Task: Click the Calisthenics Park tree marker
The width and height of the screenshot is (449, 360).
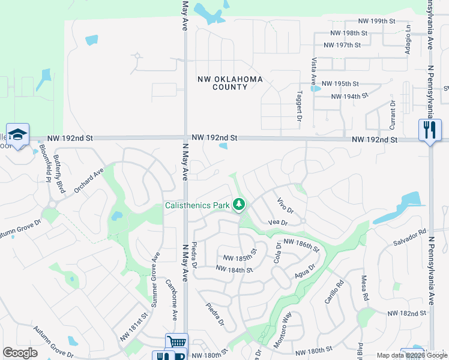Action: click(x=240, y=205)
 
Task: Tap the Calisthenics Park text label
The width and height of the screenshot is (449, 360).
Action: click(x=197, y=206)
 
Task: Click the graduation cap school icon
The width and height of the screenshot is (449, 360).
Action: click(x=17, y=134)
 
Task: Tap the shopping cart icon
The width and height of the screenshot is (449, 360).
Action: click(x=176, y=342)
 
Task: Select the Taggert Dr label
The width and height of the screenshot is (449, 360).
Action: click(x=299, y=106)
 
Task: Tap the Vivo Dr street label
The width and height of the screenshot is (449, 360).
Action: click(x=285, y=206)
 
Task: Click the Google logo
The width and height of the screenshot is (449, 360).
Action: click(x=20, y=353)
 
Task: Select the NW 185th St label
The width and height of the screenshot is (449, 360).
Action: click(x=240, y=259)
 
